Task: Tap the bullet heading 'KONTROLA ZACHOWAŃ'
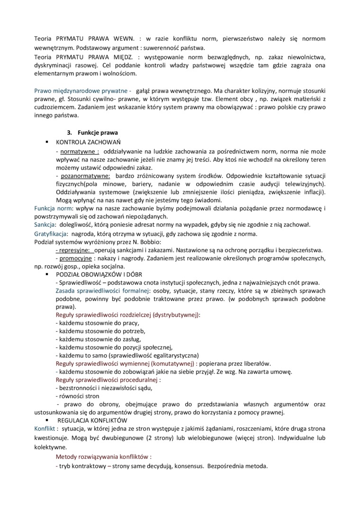click(x=89, y=142)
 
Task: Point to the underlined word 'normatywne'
click(x=78, y=151)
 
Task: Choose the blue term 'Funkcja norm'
click(x=53, y=208)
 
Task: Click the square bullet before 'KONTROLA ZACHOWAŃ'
click(x=47, y=142)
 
